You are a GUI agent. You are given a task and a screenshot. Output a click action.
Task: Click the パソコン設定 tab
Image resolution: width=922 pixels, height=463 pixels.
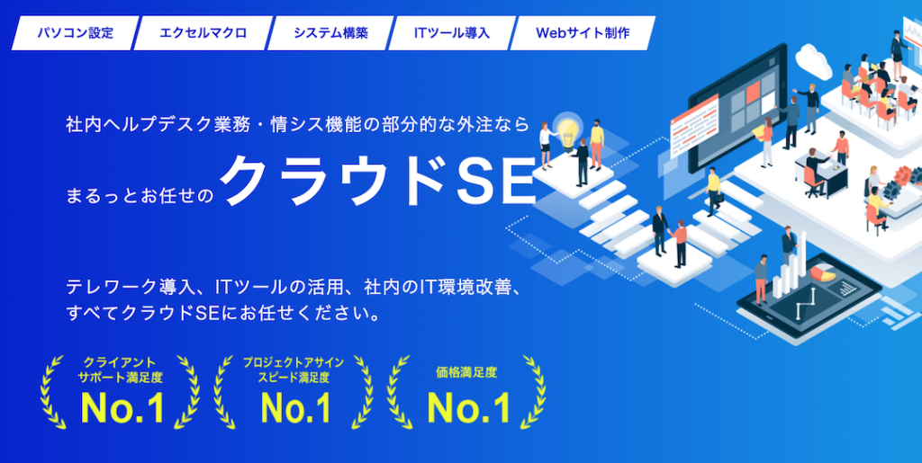coord(76,33)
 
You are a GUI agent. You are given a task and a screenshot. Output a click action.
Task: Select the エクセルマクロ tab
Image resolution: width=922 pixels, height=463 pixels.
coord(203,33)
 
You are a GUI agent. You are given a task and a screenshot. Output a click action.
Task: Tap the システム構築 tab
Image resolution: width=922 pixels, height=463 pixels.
coord(330,33)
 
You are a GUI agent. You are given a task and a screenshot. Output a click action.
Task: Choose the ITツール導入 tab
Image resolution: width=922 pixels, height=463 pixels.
coord(452,33)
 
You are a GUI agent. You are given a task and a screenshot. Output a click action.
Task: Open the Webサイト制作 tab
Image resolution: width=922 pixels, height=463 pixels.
coord(583,33)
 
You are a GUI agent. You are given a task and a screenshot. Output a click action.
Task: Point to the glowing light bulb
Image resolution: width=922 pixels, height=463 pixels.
coord(568,129)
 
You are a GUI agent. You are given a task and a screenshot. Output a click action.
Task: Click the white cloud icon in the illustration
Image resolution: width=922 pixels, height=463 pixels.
coord(813,59)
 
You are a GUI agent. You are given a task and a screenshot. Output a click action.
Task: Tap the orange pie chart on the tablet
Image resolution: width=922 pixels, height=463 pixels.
coord(824,274)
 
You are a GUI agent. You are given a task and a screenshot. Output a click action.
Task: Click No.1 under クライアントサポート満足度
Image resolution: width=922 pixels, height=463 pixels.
coord(122,407)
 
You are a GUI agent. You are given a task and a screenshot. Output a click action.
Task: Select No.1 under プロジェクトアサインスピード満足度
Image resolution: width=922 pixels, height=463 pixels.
coord(295,407)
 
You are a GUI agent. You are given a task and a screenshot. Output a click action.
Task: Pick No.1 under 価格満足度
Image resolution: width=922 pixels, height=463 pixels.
coord(467,407)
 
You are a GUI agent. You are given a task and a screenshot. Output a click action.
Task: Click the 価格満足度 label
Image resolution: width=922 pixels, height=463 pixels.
coord(467,372)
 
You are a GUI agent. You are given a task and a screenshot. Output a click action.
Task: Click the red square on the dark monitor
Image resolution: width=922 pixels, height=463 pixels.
coord(753,92)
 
